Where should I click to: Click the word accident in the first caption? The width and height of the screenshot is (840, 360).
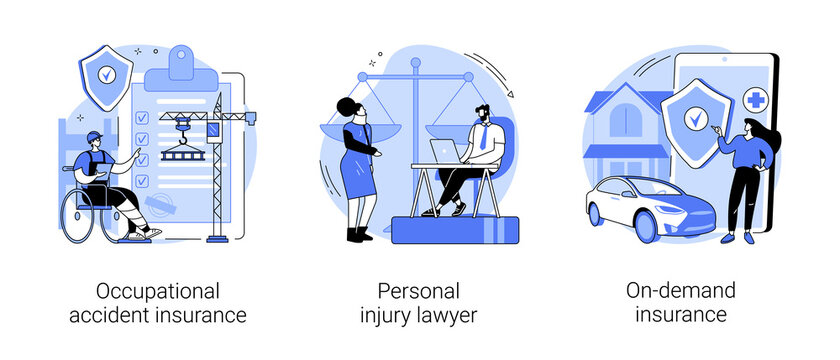click(133, 316)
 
